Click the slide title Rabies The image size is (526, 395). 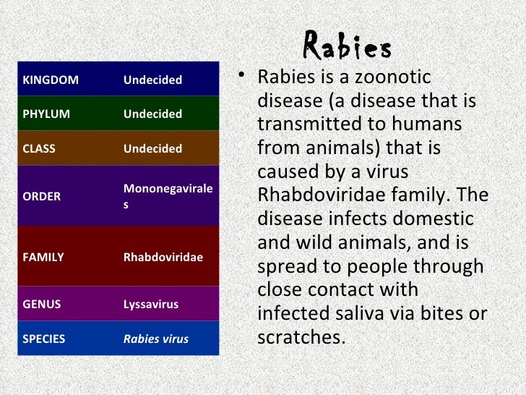(x=348, y=48)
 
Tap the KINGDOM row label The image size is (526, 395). (x=51, y=80)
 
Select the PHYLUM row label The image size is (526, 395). (x=46, y=114)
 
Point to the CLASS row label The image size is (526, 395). (x=39, y=149)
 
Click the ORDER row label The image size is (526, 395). (x=42, y=196)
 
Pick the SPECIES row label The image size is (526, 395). (x=44, y=339)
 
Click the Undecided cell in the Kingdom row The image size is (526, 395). (x=152, y=80)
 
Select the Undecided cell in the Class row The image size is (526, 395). (x=152, y=149)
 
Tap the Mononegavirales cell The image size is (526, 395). (x=168, y=196)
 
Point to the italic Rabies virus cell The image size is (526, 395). (x=156, y=339)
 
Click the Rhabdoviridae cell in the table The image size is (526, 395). (x=163, y=257)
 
